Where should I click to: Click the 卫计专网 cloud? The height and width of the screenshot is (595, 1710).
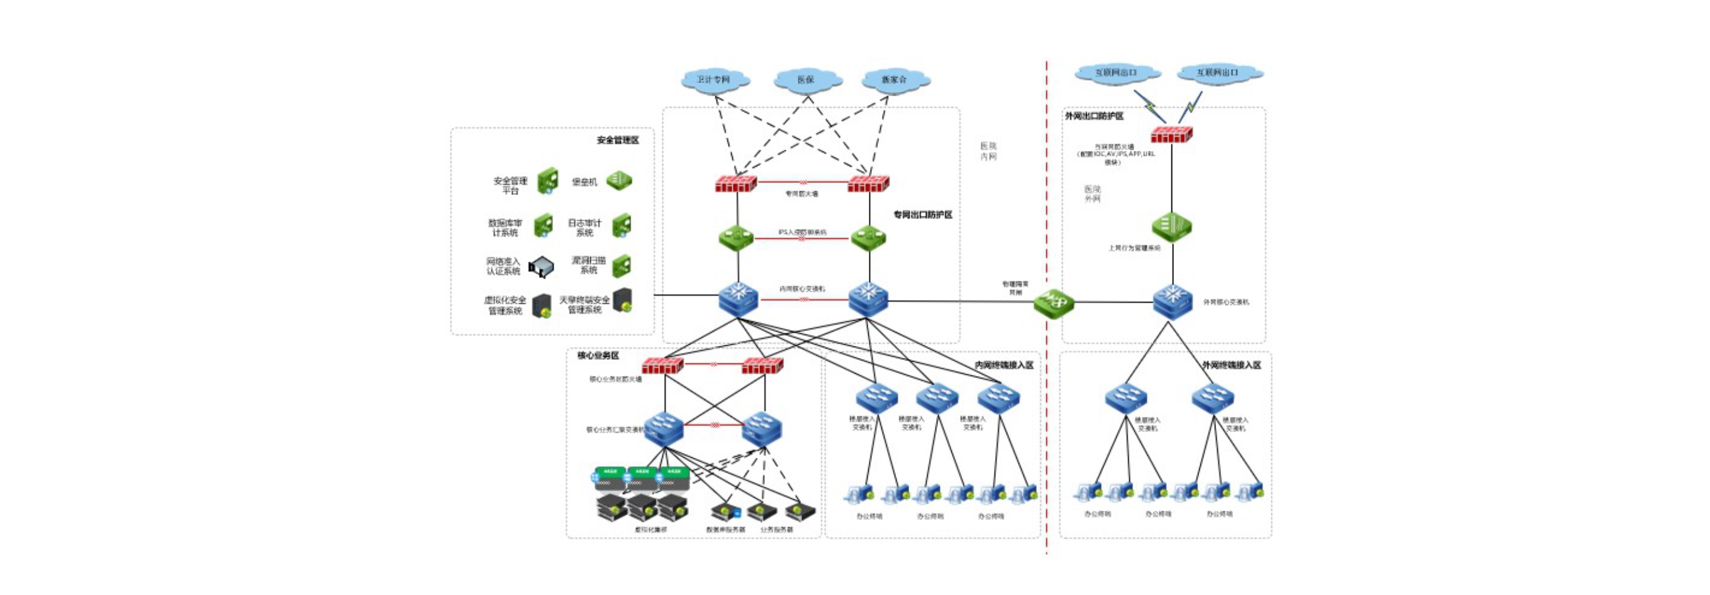[x=714, y=80]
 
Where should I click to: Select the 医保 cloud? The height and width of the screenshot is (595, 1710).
[x=807, y=80]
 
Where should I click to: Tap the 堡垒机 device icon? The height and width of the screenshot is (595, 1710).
[x=618, y=180]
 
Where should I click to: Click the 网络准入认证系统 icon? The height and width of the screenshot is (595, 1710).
[x=541, y=267]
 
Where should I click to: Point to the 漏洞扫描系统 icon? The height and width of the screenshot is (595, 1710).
[x=622, y=265]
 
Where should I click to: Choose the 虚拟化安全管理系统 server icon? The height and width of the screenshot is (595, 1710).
[x=542, y=306]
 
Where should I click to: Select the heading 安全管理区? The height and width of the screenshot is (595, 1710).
[x=617, y=140]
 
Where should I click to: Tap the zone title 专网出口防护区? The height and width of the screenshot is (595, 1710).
[x=923, y=215]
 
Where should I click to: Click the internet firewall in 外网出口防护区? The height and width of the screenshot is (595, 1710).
[x=1171, y=134]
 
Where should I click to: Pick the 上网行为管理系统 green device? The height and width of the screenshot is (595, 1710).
[x=1171, y=227]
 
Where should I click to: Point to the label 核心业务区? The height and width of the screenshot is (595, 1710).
[x=598, y=355]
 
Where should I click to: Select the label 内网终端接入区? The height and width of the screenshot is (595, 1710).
[x=1003, y=365]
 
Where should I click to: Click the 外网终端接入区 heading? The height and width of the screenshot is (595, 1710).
[x=1231, y=365]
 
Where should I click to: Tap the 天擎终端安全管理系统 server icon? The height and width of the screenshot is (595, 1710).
[x=623, y=301]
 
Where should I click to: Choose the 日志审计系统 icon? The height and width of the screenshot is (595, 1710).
[x=622, y=226]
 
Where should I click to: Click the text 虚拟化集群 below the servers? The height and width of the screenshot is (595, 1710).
[x=651, y=530]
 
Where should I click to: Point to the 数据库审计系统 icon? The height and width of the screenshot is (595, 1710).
[x=544, y=226]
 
